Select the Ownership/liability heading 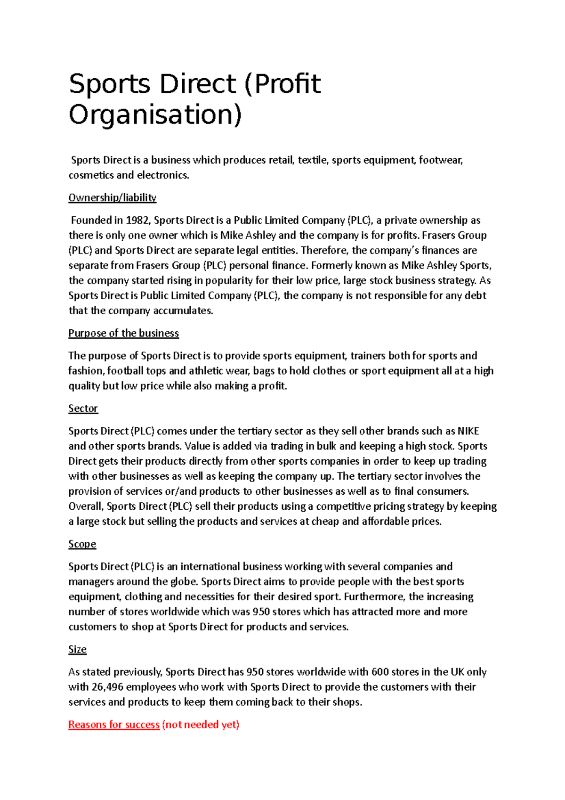(112, 197)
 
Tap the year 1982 (138, 220)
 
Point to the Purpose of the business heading (123, 333)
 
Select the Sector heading (83, 408)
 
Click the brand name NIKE (468, 431)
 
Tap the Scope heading (82, 544)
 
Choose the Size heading (77, 650)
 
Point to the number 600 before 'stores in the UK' (380, 672)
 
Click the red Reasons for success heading (114, 725)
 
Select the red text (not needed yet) (201, 725)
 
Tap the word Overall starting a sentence (85, 506)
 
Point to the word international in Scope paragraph (210, 567)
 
